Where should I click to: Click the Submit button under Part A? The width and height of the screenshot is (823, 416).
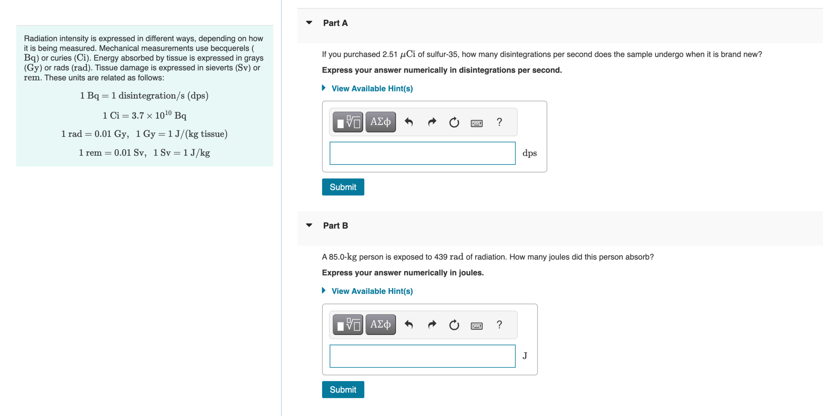(x=343, y=187)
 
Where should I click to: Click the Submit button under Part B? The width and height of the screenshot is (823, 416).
(x=343, y=390)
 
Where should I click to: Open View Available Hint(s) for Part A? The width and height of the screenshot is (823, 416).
(x=372, y=88)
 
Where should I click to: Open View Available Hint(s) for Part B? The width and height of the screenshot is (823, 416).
(x=372, y=291)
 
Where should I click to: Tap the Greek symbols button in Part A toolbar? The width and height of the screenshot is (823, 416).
(x=380, y=122)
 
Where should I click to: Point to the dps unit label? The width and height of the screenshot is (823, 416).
(x=529, y=153)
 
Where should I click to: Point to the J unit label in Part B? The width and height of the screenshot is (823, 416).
(x=525, y=356)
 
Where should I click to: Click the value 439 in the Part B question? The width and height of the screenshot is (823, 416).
(x=441, y=257)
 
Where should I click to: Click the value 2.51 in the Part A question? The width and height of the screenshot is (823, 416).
(x=390, y=55)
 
